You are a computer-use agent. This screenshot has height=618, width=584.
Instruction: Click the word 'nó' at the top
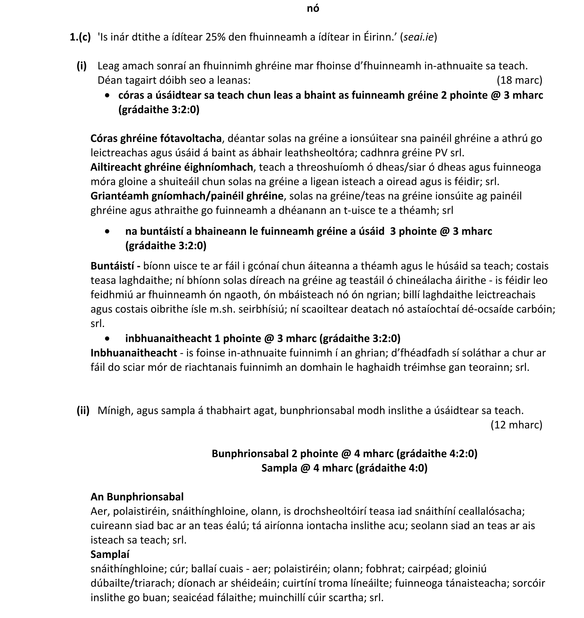pos(313,9)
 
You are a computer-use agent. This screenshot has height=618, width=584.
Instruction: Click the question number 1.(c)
pos(80,37)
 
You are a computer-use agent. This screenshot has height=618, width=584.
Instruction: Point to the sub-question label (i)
pos(82,66)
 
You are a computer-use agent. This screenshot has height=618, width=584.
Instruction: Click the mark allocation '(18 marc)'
pos(519,80)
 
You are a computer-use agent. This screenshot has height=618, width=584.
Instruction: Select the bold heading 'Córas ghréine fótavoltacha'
pos(156,138)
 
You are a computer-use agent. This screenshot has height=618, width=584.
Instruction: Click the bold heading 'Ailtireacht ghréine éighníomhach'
pos(172,167)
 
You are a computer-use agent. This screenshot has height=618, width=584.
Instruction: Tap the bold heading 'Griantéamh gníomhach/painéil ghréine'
pos(187,196)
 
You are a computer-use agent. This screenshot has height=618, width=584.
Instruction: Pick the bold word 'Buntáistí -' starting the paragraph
pos(115,266)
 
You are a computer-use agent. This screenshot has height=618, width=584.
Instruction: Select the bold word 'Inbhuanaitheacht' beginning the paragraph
pos(134,353)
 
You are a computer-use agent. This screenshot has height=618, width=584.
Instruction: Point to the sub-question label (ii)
pos(83,411)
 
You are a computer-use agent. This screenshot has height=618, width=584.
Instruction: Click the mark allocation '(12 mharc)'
pos(516,425)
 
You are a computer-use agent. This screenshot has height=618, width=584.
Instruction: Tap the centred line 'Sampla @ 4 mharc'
pos(344,468)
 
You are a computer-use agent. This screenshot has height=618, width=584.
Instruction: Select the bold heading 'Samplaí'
pos(110,554)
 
